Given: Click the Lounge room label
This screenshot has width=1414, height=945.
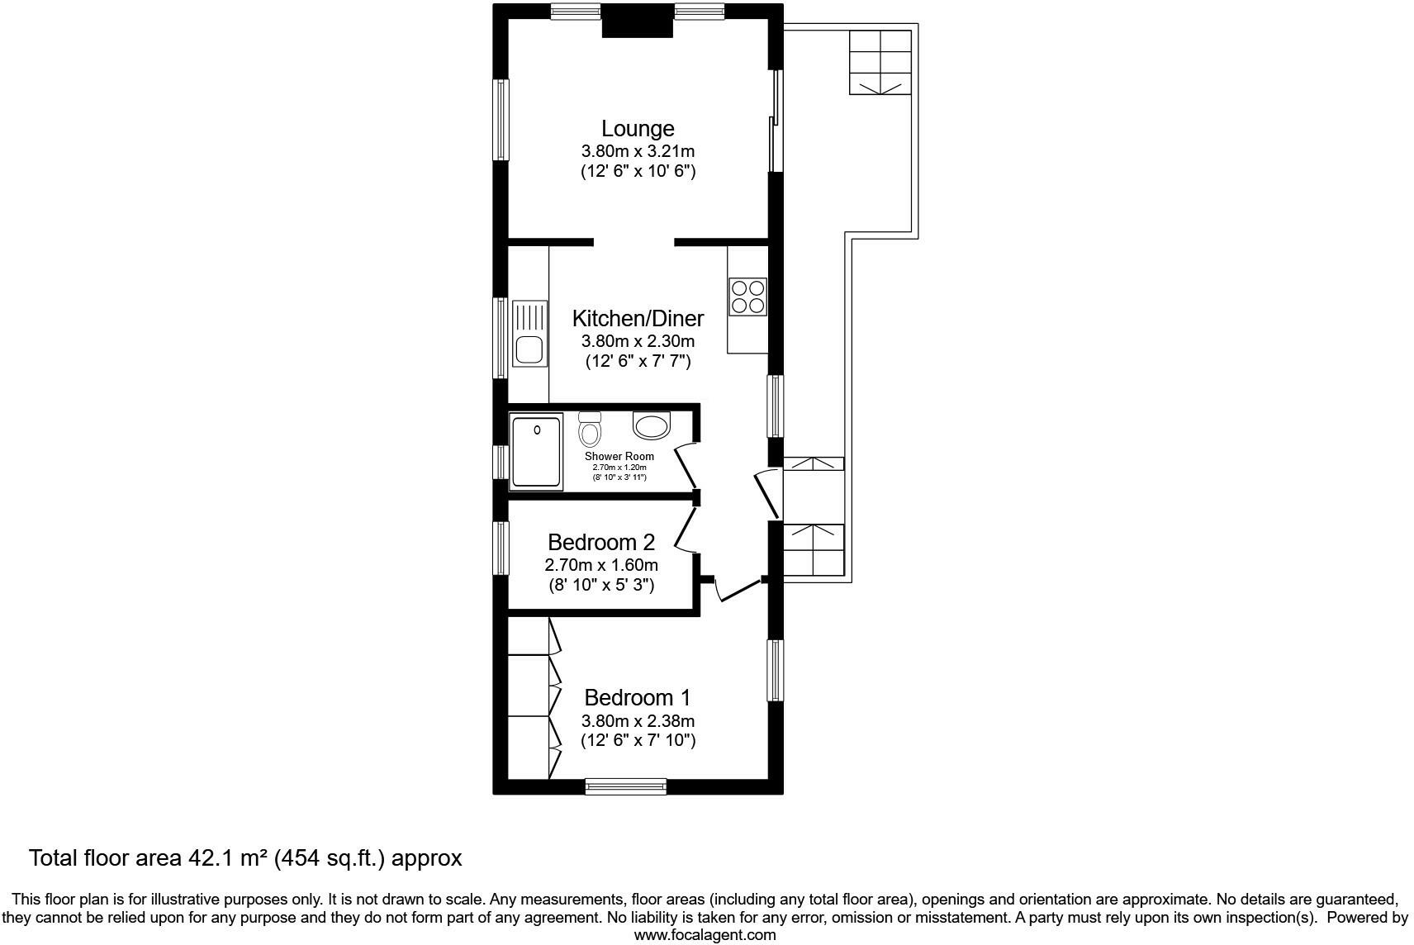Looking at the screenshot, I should (x=637, y=129).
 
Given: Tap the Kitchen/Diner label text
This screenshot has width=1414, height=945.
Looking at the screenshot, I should (x=638, y=319).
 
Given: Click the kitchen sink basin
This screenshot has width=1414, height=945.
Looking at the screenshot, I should (x=528, y=349).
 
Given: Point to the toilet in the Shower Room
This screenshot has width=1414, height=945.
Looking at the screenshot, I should (x=590, y=430).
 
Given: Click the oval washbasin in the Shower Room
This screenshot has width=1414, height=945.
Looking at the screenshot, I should (x=652, y=425).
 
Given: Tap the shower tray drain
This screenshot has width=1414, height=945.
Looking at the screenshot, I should (x=537, y=430).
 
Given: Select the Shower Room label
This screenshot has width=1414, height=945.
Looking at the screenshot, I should (x=619, y=456).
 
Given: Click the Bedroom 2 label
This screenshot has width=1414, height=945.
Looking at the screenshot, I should (x=601, y=543).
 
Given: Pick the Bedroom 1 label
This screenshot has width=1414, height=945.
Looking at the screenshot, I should (x=637, y=698).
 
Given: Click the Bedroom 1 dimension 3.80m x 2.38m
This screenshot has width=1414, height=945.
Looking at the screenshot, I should (x=638, y=720).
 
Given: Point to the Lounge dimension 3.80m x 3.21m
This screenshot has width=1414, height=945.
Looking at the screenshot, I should (x=638, y=151).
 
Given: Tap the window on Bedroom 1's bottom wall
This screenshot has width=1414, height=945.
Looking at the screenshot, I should (x=625, y=786).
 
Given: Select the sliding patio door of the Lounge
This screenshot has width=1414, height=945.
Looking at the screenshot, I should (x=775, y=121).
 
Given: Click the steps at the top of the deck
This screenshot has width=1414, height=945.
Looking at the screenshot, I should (x=880, y=62).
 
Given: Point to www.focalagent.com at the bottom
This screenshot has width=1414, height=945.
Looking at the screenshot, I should (x=705, y=935).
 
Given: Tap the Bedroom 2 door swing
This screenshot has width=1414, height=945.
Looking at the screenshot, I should (x=686, y=529).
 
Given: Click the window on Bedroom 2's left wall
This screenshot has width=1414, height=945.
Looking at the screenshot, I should (x=501, y=548).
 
